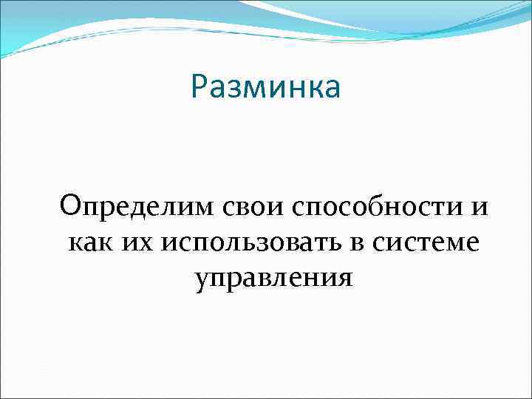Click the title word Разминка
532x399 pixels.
265,86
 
